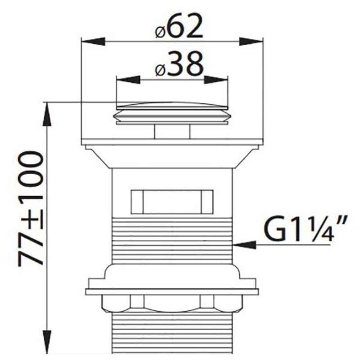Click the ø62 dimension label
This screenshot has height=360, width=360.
click(x=179, y=27)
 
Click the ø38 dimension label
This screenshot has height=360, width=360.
click(x=179, y=65)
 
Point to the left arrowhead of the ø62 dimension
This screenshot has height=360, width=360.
click(x=93, y=42)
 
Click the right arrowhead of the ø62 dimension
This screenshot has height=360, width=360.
click(x=251, y=42)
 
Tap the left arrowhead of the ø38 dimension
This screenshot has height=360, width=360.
click(x=129, y=80)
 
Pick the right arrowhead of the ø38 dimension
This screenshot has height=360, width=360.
click(x=216, y=80)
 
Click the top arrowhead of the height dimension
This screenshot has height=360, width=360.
click(x=47, y=114)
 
